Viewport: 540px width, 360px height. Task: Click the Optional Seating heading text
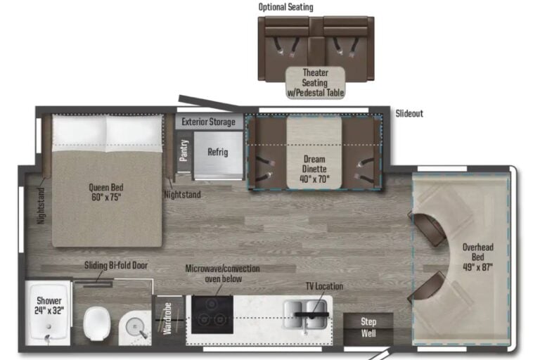286,7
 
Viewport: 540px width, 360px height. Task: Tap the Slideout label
409,112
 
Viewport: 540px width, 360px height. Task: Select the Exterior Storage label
209,122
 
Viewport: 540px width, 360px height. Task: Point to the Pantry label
184,150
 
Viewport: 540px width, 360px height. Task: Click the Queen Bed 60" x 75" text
107,192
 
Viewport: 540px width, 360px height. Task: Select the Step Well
368,327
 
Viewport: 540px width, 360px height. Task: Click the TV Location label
324,287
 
